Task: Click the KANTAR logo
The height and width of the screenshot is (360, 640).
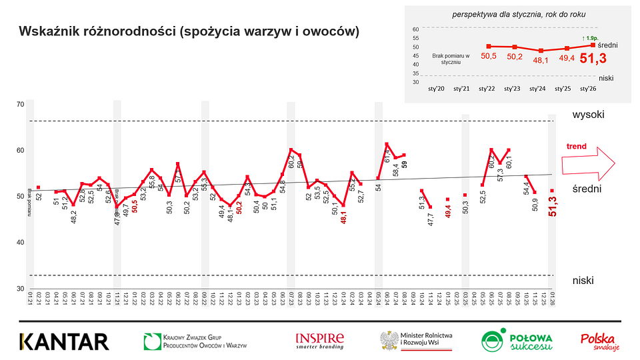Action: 64,341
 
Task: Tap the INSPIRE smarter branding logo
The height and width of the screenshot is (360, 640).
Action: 319,341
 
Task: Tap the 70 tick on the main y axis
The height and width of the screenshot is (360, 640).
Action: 19,105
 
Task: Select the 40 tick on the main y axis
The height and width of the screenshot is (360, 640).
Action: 19,243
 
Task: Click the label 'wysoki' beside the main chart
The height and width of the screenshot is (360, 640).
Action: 588,115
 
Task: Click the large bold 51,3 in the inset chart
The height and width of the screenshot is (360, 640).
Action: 593,59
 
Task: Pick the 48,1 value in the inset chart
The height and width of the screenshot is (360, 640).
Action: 540,60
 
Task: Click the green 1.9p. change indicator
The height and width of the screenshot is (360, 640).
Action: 591,38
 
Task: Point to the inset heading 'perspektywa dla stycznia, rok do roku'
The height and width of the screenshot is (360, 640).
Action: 515,13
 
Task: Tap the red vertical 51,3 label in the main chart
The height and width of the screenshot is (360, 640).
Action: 553,211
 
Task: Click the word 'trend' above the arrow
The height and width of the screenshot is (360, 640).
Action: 576,146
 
